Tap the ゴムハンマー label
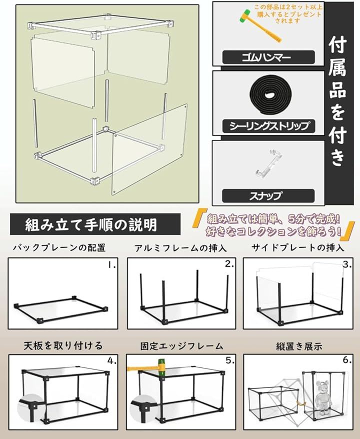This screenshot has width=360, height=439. pos(268,57)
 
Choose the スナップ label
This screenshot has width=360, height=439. pos(268,195)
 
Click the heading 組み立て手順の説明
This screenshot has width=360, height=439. pos(90,224)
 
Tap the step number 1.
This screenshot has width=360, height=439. pos(111,265)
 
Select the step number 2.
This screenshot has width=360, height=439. pos(229,264)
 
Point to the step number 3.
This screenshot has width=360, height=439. pos(347,264)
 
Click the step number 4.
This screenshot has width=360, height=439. pos(112,361)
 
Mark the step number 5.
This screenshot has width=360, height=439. pos(230,360)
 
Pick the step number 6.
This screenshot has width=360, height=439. pos(347,360)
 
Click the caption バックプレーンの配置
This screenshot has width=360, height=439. pos(59,248)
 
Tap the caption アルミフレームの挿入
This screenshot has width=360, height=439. pos(180,248)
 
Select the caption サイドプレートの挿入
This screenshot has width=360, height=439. pos(298,247)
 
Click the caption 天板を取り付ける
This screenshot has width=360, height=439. pos(63,346)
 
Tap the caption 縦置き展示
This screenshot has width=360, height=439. pos(299,346)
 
